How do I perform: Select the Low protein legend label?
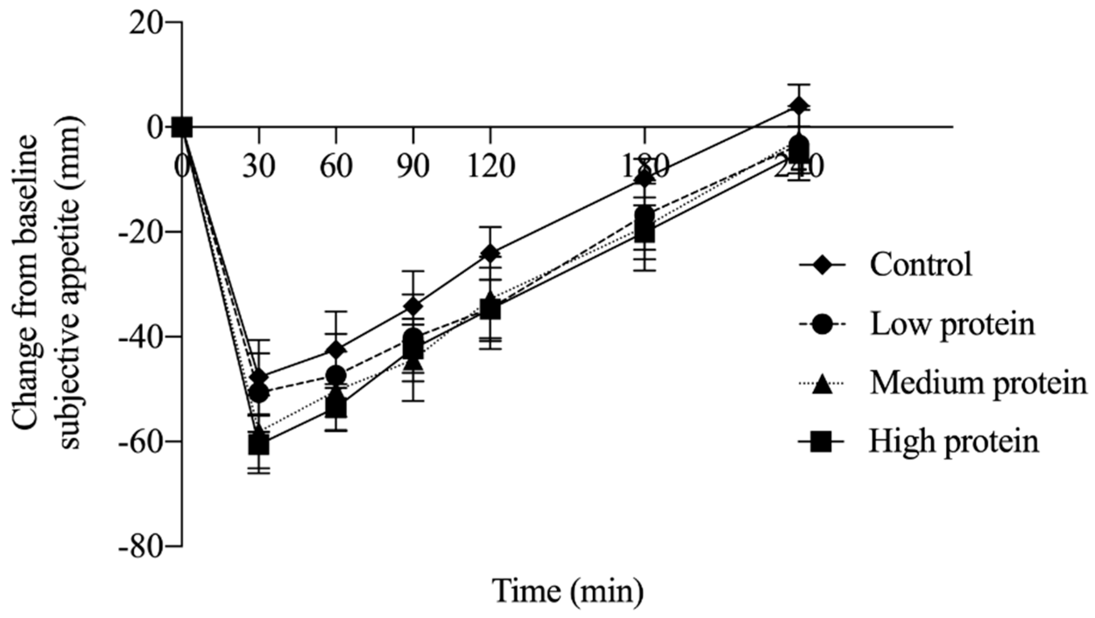(x=952, y=325)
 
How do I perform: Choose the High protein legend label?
(x=954, y=442)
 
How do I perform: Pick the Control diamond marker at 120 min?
(x=490, y=253)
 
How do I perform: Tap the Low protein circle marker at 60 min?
(x=336, y=375)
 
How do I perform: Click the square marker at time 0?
(x=182, y=127)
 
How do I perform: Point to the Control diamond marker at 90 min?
(x=413, y=306)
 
